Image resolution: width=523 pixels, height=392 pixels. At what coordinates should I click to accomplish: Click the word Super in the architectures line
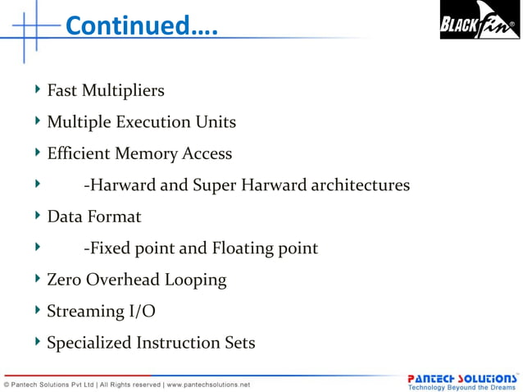coord(215,185)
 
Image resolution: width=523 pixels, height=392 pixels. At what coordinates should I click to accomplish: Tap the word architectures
coord(358,185)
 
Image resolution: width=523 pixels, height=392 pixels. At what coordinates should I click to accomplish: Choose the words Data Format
coord(93,217)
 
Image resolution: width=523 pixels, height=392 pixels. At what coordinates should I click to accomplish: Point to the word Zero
coord(63,280)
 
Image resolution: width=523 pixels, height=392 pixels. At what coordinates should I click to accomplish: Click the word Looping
coord(196,280)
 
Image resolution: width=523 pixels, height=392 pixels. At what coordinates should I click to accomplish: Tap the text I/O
coord(141,312)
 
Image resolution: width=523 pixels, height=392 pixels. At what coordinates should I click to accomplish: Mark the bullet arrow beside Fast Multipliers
coord(38,89)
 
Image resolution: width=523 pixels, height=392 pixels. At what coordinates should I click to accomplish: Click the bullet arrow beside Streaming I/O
coord(38,310)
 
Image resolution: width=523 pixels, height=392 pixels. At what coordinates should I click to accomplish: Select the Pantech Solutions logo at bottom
coord(462,378)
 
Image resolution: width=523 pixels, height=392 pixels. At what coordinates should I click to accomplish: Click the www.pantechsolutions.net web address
coord(209,385)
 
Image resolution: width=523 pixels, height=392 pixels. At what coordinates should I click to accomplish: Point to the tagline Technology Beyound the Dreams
coord(462,387)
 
